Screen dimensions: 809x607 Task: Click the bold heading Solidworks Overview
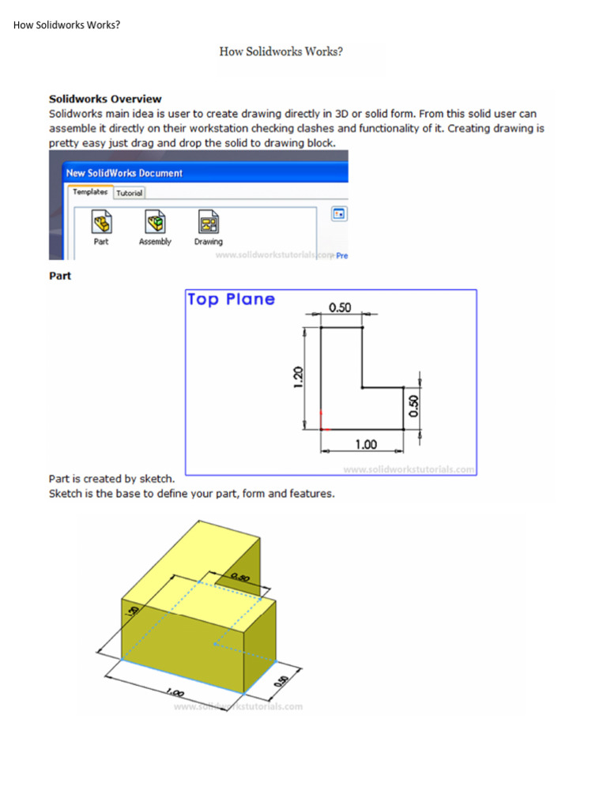pos(105,99)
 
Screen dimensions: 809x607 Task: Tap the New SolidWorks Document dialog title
pos(124,173)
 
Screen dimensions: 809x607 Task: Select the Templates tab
pos(89,192)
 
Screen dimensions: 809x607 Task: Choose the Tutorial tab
pos(130,193)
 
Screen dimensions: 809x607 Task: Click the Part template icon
pos(101,222)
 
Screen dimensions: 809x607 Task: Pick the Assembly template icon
pos(155,222)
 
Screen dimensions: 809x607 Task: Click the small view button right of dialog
pos(339,214)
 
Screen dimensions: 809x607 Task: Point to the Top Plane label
pos(231,299)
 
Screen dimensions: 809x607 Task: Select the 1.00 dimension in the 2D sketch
pos(365,445)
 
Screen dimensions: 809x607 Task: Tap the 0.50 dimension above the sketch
pos(340,308)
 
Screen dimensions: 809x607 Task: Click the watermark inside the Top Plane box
pos(409,469)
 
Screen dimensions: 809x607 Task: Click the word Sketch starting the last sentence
pos(66,494)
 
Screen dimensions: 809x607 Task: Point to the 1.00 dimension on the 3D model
pos(175,691)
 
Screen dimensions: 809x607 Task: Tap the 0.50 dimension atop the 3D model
pos(239,578)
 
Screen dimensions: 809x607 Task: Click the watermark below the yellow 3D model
pos(237,706)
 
